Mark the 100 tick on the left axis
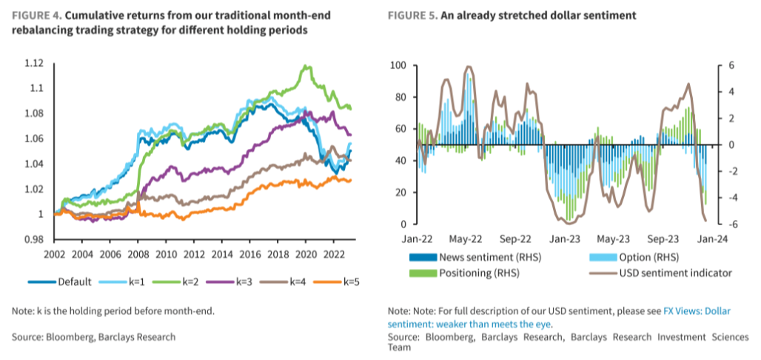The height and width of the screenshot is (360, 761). tap(398, 65)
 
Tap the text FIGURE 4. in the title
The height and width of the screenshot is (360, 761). tap(35, 16)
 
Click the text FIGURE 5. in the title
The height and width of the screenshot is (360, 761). tap(411, 16)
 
